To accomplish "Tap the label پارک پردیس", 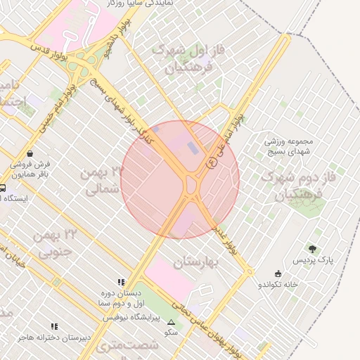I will pyautogui.click(x=315, y=261).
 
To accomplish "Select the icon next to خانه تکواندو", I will pyautogui.click(x=279, y=274).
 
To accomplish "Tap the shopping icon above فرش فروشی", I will pyautogui.click(x=29, y=153).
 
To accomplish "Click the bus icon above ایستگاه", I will pyautogui.click(x=3, y=188).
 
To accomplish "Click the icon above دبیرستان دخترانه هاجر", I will pyautogui.click(x=55, y=326).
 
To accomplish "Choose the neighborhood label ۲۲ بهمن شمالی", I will pyautogui.click(x=103, y=180).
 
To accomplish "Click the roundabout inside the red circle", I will pyautogui.click(x=191, y=186).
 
